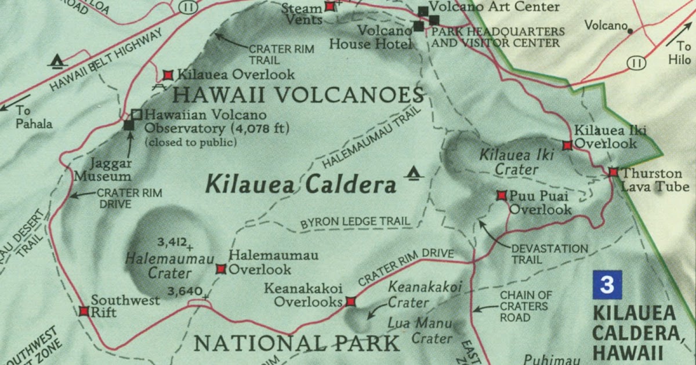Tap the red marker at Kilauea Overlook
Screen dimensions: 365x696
[x=168, y=75]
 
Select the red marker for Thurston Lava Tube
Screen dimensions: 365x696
[x=613, y=172]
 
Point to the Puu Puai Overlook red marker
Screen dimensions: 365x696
[x=502, y=196]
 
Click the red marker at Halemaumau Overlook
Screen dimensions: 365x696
[x=220, y=268]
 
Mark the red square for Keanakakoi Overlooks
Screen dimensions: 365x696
[x=350, y=301]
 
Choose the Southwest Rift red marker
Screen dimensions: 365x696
[x=84, y=311]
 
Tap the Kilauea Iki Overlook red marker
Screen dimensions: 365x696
[x=567, y=145]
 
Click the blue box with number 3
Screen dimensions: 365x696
[x=607, y=284]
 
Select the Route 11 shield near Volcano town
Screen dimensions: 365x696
[x=637, y=63]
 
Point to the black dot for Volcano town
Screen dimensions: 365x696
[x=630, y=30]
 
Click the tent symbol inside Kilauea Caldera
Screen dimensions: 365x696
[x=413, y=171]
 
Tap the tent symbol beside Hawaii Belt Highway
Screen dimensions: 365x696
[x=57, y=60]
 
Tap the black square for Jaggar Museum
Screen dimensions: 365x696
[x=129, y=125]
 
